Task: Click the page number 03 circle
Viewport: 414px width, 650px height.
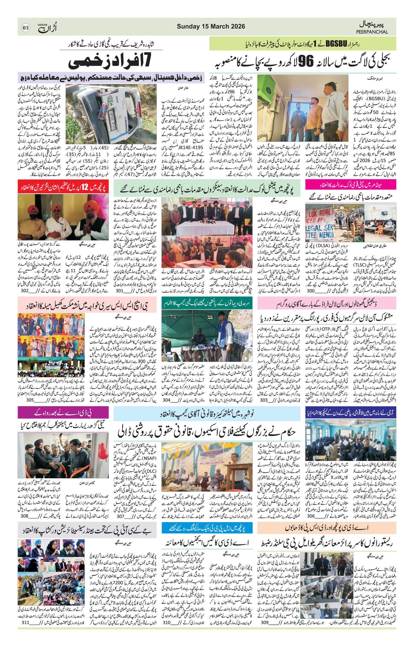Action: point(26,28)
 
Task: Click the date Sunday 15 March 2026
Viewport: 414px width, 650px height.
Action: point(211,26)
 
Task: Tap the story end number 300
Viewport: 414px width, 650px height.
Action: point(311,291)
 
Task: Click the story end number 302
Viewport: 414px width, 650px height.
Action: point(25,291)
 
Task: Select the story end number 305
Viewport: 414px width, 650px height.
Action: point(30,400)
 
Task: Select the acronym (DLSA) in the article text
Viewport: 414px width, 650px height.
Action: point(320,246)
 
